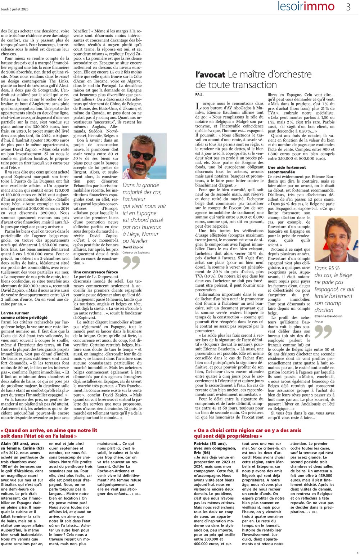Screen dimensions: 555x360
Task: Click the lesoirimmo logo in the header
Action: [x=306, y=6]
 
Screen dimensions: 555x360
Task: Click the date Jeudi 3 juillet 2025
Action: [x=15, y=9]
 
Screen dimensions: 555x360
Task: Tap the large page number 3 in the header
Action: [x=348, y=7]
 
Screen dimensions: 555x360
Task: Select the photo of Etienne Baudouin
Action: [x=336, y=239]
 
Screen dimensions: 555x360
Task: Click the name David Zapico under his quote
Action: [x=133, y=247]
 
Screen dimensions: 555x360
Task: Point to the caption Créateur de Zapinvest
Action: [x=136, y=252]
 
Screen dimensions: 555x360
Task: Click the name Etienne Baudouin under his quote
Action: [x=328, y=316]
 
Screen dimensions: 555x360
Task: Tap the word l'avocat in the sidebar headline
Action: [x=210, y=75]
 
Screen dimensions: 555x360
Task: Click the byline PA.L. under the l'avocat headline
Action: [x=199, y=94]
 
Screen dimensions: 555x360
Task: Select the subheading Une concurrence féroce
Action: [x=95, y=272]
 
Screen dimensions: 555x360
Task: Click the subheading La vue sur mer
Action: [x=15, y=313]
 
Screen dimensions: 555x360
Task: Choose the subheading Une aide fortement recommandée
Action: [x=287, y=170]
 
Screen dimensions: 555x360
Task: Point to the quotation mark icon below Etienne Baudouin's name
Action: [x=323, y=332]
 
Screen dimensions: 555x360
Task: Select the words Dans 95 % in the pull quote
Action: [x=327, y=268]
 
